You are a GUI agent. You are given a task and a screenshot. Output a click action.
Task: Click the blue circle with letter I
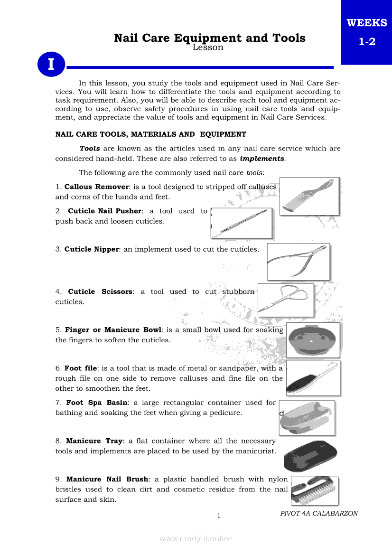50,65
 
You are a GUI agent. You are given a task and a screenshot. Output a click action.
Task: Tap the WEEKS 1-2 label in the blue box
367,32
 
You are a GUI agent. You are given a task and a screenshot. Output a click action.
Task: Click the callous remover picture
309,196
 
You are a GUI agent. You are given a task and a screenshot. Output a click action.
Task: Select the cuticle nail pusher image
242,223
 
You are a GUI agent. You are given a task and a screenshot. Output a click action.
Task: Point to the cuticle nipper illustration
298,262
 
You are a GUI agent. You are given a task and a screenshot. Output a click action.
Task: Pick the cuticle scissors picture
285,300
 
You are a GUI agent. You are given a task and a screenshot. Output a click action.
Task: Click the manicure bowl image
313,340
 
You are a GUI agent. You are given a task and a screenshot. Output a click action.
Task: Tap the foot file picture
313,378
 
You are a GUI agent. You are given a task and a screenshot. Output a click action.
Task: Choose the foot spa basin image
308,418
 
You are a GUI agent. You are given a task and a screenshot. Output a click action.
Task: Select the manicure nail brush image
314,490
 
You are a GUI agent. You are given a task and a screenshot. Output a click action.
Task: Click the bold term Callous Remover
96,187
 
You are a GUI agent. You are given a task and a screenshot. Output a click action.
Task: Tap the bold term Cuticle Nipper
92,249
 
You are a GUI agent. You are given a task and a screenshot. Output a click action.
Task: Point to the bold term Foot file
81,368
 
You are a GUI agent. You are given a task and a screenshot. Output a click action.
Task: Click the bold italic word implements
262,159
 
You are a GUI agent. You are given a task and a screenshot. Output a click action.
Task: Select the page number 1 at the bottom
218,516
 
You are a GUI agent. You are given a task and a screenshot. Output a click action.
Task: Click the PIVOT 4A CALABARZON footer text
319,513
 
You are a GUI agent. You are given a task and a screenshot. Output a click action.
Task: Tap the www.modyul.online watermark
196,538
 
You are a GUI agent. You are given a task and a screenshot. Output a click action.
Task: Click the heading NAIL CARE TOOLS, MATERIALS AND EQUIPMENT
151,134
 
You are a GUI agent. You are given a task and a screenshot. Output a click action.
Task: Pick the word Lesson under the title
208,47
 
